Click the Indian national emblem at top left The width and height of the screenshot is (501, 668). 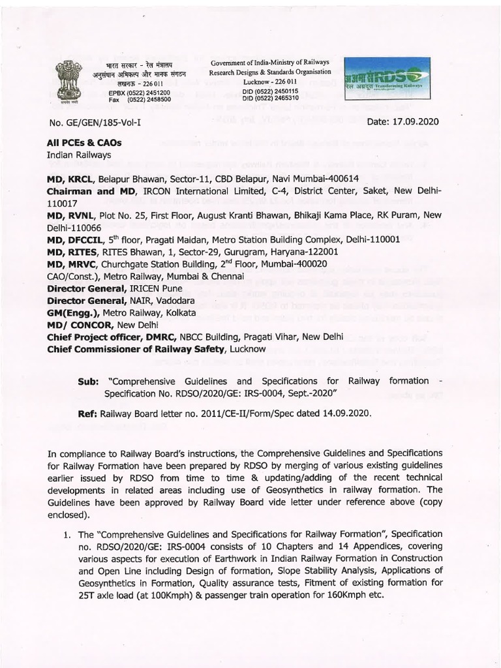point(68,81)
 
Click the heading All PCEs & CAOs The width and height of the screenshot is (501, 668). point(84,142)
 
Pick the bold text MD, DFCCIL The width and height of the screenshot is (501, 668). point(76,239)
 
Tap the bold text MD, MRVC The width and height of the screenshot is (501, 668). point(72,264)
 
